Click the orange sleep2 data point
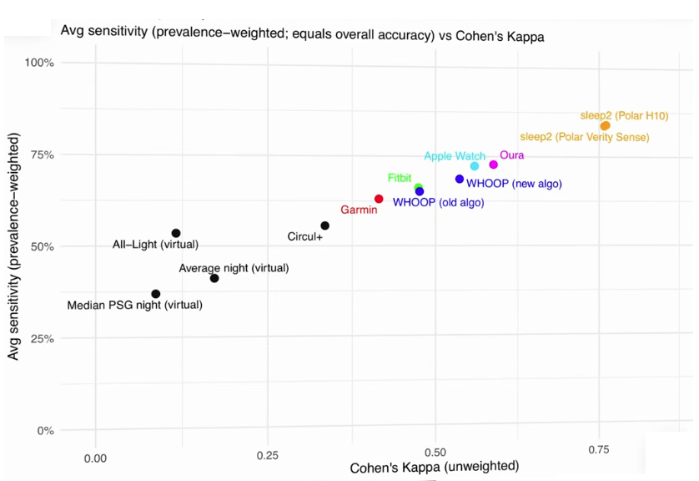pos(605,125)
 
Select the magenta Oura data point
pos(493,165)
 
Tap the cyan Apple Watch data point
pos(475,166)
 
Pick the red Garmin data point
pos(379,199)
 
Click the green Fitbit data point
pos(418,188)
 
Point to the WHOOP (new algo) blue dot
pos(459,179)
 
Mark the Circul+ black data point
pos(324,225)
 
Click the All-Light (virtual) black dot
pos(175,233)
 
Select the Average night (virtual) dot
pos(214,278)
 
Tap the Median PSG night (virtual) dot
pos(156,294)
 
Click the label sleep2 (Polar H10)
pos(624,115)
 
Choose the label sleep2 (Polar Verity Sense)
pos(584,136)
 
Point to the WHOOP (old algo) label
pos(438,202)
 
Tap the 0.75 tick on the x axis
pos(598,450)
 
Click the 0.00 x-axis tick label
pos(95,458)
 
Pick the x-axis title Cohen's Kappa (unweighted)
pos(434,466)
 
